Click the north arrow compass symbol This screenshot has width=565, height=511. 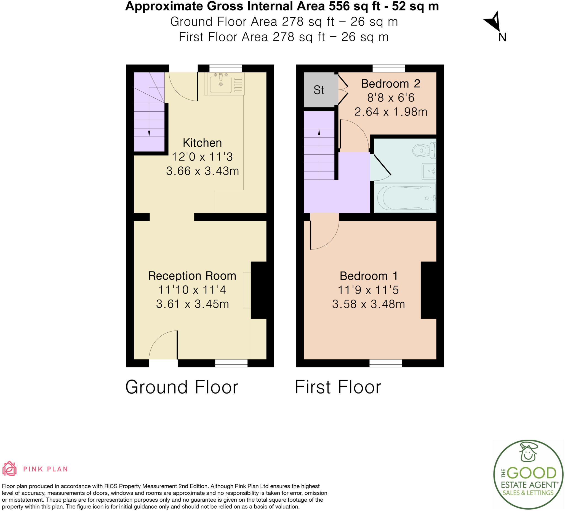494,22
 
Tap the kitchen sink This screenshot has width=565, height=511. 221,84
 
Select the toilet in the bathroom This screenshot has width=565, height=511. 424,150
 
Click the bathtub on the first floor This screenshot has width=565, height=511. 405,198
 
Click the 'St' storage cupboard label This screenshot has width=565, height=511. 319,90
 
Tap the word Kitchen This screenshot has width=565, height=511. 202,143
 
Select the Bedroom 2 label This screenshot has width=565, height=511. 390,84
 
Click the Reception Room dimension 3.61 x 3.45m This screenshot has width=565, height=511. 192,304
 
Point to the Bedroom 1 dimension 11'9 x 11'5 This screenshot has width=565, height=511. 368,290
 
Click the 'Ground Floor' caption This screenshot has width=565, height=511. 181,387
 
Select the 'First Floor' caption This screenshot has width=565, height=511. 338,387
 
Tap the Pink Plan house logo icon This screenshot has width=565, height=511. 9,469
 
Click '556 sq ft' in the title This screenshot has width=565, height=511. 355,6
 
